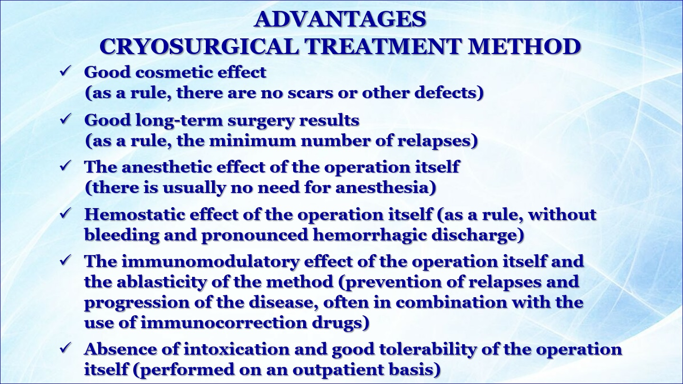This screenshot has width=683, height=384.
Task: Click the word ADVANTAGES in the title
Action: tap(340, 19)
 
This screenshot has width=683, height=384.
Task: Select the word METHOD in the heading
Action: tap(524, 46)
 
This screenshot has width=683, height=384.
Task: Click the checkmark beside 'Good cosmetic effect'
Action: tap(65, 71)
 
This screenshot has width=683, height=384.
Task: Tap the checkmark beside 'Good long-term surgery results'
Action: tap(65, 119)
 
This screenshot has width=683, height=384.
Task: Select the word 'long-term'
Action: tap(179, 120)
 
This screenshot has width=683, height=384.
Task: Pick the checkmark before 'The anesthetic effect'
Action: tap(65, 166)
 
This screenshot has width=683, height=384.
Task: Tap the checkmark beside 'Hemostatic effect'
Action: tap(65, 213)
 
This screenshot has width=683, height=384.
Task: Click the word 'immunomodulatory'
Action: tap(211, 262)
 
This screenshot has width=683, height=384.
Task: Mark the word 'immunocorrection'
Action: tap(223, 322)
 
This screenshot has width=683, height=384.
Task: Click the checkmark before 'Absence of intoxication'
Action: tap(65, 348)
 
